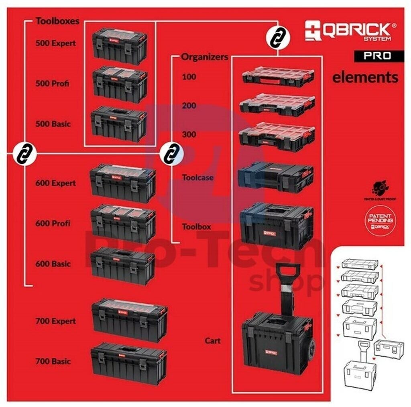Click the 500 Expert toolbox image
(119, 46)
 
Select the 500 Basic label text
(53, 124)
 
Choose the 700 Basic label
(53, 361)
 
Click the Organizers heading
(205, 57)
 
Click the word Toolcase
(197, 177)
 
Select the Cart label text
(212, 341)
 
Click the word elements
(365, 77)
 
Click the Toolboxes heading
(57, 21)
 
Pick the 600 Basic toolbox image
(122, 265)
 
